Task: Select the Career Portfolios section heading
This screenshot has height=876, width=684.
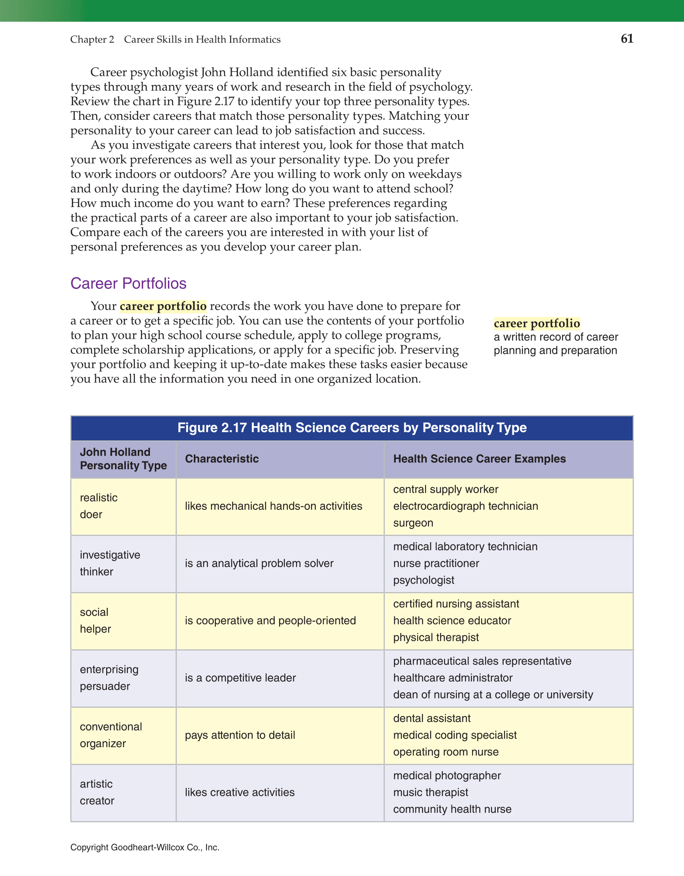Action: tap(128, 284)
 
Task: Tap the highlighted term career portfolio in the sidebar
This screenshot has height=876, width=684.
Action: tap(536, 323)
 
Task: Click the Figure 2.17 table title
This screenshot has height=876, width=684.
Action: tap(352, 428)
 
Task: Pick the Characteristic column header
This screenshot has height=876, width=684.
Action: tap(222, 459)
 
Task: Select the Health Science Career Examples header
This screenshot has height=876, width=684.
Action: tap(479, 459)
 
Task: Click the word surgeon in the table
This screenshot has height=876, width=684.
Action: tap(413, 523)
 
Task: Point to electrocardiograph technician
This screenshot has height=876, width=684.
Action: tap(465, 506)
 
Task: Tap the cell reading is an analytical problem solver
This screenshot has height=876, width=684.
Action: tap(259, 564)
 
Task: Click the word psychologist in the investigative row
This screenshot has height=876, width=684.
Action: tap(424, 581)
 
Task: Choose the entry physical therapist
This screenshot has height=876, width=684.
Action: tap(436, 637)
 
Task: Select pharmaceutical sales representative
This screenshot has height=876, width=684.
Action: tap(482, 661)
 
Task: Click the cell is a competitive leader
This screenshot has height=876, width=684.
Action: tap(240, 678)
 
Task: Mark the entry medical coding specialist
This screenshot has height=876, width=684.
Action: tap(455, 735)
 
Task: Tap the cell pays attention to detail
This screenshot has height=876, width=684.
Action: tap(240, 735)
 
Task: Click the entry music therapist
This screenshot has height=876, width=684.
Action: tap(431, 793)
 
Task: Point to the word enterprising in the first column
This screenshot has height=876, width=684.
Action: tap(109, 669)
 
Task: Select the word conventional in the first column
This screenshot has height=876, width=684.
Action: tap(111, 727)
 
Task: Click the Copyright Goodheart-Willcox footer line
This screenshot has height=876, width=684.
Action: tap(145, 848)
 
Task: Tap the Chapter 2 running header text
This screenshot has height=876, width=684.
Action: tap(92, 40)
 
